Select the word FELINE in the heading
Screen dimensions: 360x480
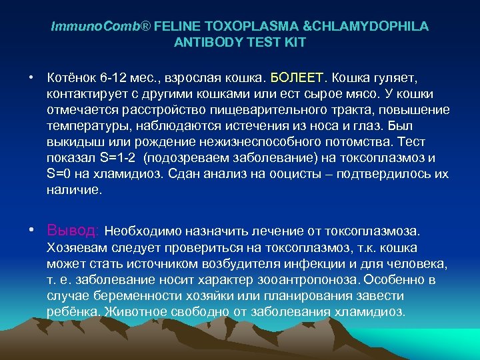point(176,27)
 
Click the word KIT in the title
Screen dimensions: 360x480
point(295,42)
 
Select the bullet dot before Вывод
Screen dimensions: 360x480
point(31,231)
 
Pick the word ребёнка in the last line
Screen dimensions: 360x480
point(71,312)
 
